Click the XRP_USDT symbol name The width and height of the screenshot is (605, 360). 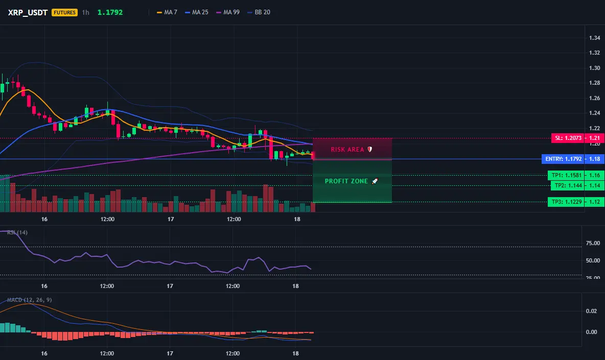point(28,12)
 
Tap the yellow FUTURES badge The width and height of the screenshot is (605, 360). point(64,12)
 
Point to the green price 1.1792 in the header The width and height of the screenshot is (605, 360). point(110,12)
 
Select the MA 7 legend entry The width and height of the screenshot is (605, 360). point(167,12)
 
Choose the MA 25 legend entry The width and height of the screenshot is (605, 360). point(196,12)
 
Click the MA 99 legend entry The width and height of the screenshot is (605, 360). point(228,12)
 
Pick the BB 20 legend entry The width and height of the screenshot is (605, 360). point(259,12)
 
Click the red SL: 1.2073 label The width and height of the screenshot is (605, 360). point(568,138)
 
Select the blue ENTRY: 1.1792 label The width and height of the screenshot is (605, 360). point(563,159)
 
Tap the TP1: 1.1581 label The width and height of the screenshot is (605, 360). point(566,175)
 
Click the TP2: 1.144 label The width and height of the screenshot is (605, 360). point(568,185)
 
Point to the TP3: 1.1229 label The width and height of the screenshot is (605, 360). point(566,202)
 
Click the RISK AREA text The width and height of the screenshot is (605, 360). point(347,150)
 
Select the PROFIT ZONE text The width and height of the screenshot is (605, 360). point(346,181)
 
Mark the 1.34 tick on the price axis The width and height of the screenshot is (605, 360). point(595,38)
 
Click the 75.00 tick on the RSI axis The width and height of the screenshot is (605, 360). point(593,243)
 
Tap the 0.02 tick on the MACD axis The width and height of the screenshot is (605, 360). point(592,311)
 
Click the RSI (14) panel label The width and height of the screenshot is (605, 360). point(17,232)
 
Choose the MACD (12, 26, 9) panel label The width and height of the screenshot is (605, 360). point(29,300)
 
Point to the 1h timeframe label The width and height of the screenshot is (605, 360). point(86,12)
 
